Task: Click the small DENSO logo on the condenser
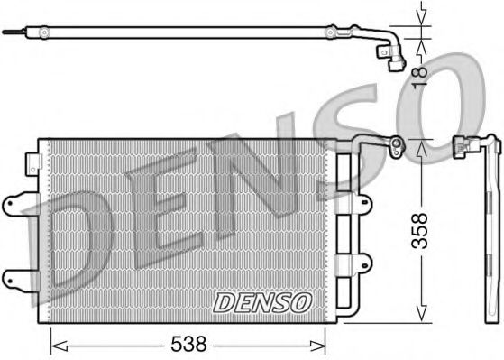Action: click(x=262, y=300)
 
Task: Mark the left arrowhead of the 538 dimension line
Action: click(x=54, y=343)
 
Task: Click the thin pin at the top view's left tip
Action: click(x=8, y=33)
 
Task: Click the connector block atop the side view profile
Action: click(x=462, y=144)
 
